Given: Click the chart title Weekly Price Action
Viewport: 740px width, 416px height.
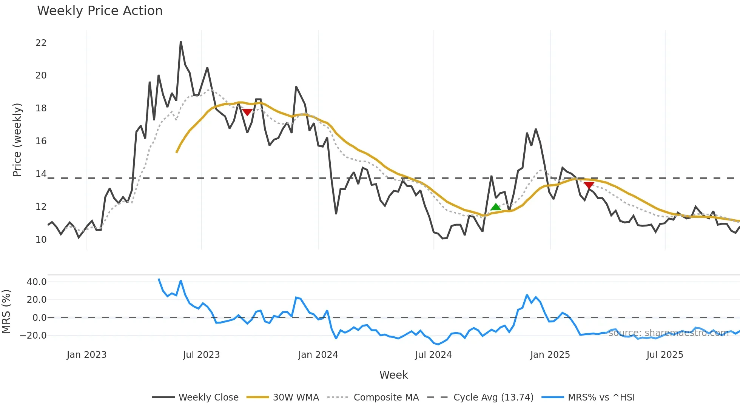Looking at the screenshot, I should tap(100, 11).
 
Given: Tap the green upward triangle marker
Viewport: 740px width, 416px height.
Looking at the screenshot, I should tap(495, 207).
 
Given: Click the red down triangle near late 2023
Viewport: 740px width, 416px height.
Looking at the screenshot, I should tap(247, 112).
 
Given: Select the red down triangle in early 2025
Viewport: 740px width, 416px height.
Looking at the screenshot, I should tap(589, 185).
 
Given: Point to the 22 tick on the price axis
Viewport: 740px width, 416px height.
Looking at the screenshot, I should tap(41, 43).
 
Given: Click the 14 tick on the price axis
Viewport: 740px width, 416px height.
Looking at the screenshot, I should tap(41, 174).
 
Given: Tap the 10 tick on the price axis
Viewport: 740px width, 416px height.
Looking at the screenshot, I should tap(41, 240).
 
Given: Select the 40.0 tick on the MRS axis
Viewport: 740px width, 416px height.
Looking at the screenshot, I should tap(37, 282).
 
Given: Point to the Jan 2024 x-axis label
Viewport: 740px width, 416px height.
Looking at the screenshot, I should tap(318, 355).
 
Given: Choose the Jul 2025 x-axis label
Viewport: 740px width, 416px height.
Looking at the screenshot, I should tap(664, 355).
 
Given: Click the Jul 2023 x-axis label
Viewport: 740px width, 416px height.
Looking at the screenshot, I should tap(201, 355).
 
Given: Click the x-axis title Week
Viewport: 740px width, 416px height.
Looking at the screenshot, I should tap(393, 375).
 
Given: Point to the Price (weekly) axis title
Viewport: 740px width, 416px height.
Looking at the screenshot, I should tap(17, 140).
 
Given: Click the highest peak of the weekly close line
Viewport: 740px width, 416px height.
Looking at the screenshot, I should tap(181, 42).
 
